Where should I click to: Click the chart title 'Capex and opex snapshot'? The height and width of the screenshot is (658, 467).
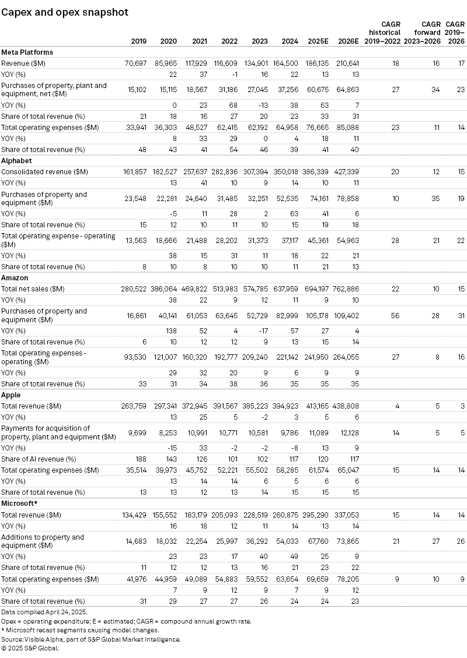coord(65,12)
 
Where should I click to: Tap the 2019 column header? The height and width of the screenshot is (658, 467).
coord(139,41)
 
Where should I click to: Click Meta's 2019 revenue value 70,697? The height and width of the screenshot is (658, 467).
coord(135,63)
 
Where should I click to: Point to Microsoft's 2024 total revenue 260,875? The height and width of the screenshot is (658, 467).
coord(284,515)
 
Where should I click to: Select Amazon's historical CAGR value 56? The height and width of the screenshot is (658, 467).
coord(396,315)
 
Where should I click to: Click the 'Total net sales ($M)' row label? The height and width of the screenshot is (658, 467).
coord(33,289)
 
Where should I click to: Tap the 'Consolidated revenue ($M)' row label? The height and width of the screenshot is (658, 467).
coord(44,172)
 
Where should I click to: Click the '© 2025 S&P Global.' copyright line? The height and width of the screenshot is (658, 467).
coord(30,648)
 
